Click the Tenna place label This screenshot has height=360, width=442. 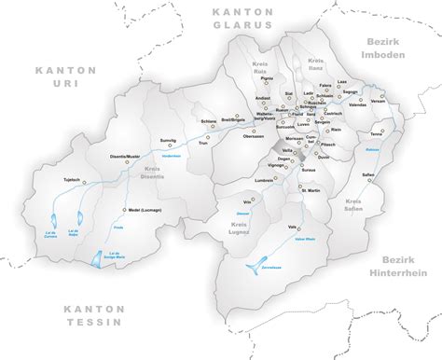[x=376, y=132]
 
